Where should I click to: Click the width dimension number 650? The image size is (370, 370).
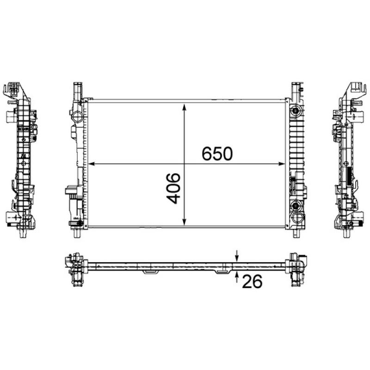click(x=216, y=154)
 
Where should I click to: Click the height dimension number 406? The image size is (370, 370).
click(x=173, y=189)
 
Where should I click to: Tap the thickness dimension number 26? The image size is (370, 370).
click(x=252, y=281)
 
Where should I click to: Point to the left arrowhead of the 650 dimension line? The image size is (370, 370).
click(x=91, y=163)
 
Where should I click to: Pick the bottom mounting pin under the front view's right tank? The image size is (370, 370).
click(x=294, y=233)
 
